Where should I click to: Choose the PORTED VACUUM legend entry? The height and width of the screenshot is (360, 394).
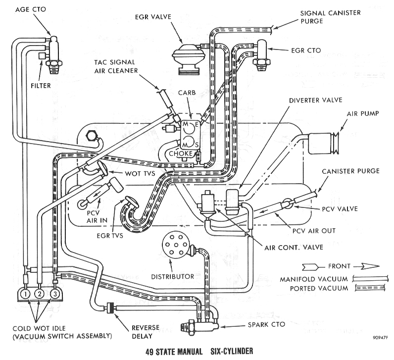pos(307,288)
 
